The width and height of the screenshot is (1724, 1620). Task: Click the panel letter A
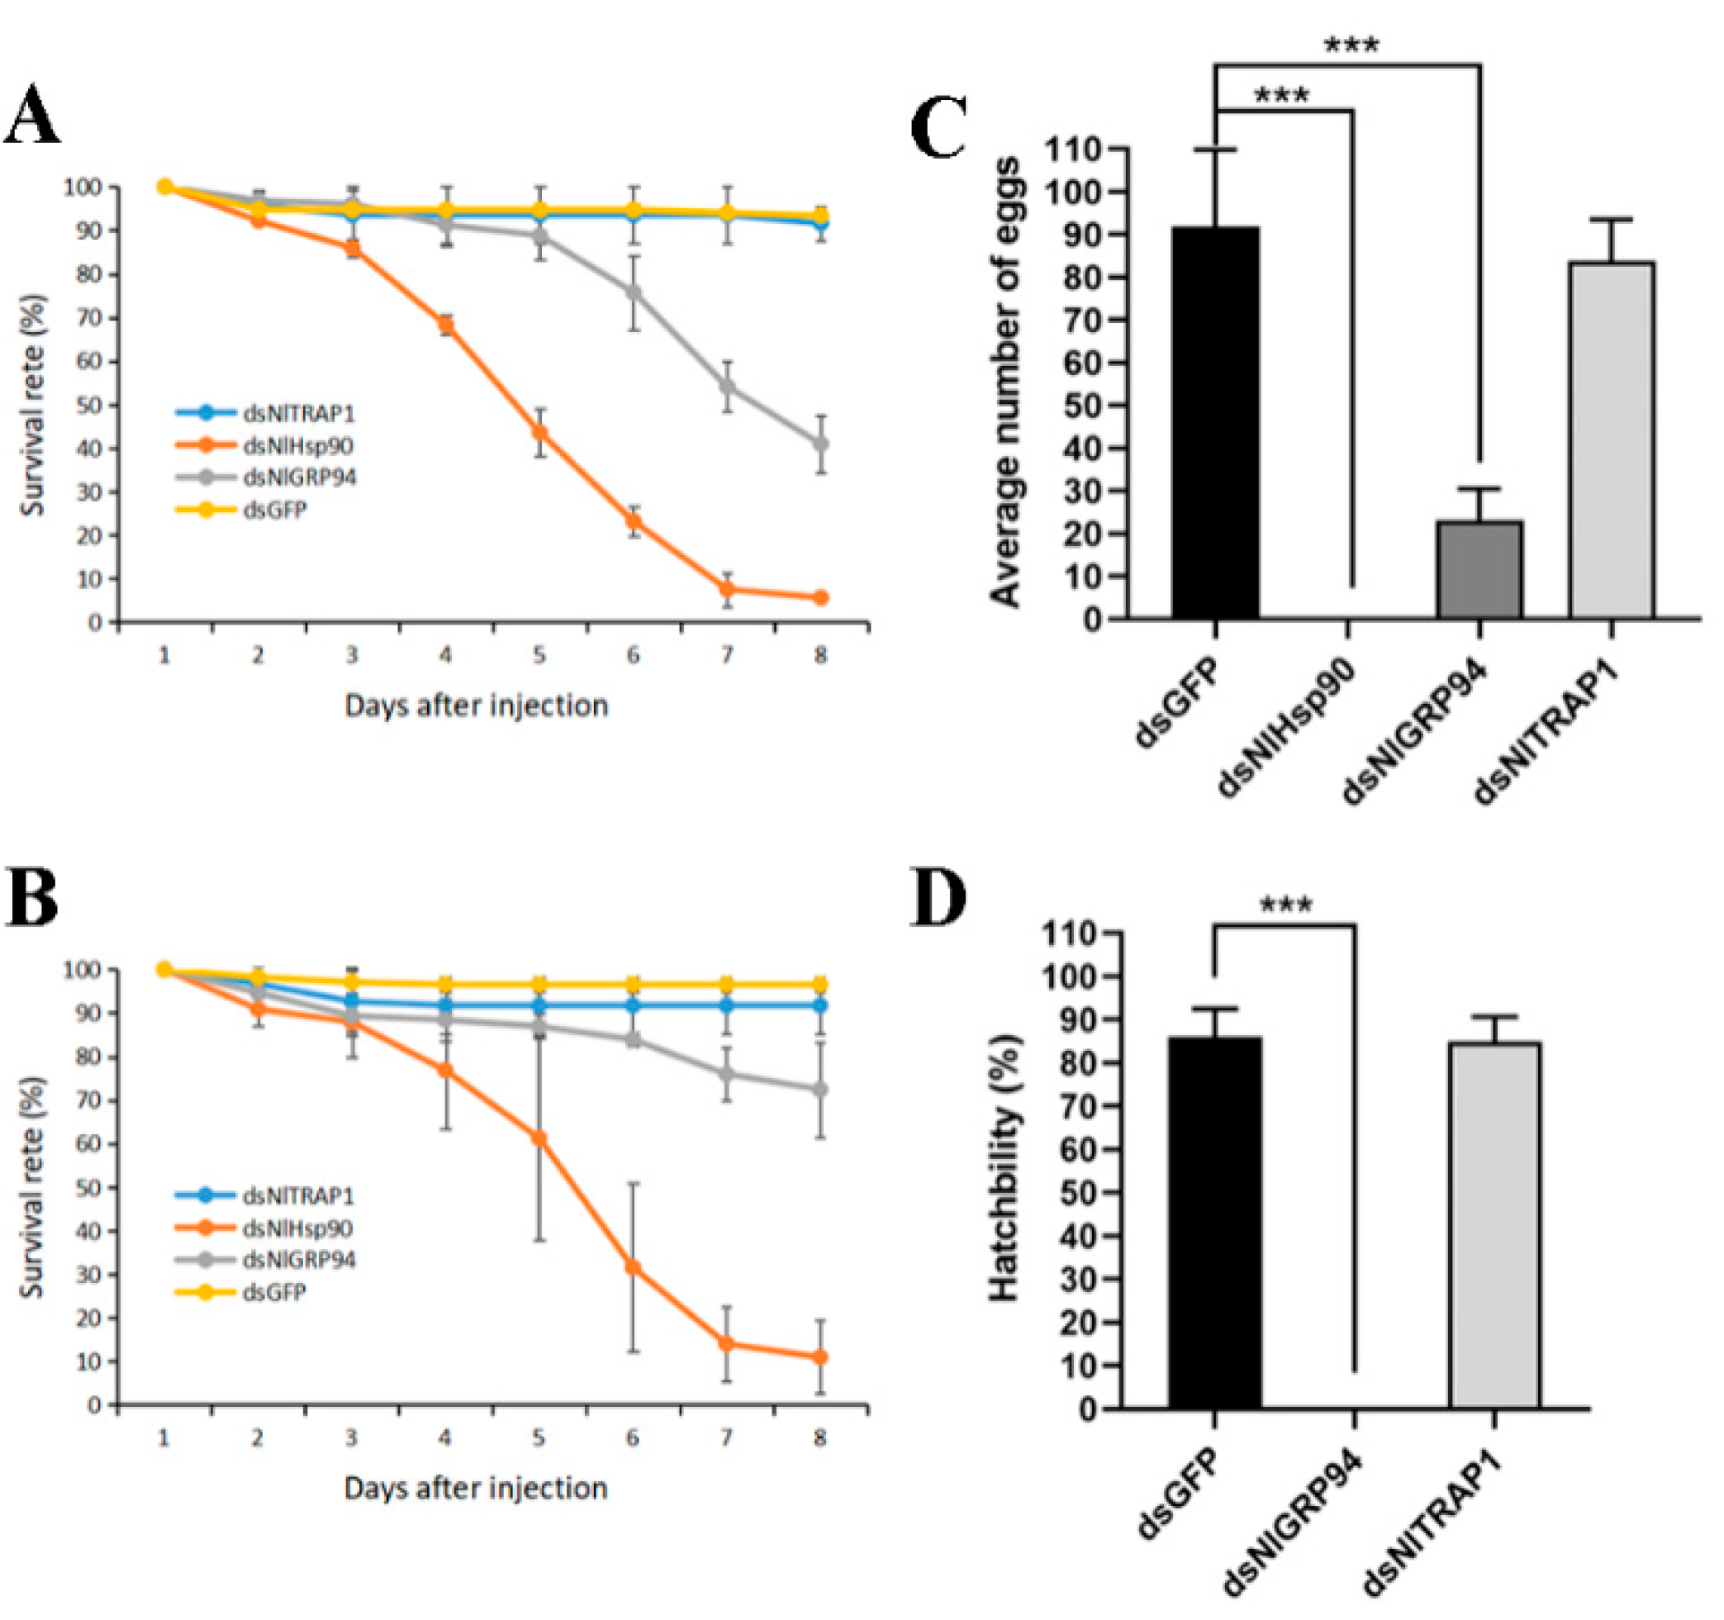pyautogui.click(x=32, y=116)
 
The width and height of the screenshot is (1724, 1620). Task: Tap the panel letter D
pyautogui.click(x=938, y=899)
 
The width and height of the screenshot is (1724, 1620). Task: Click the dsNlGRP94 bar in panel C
pyautogui.click(x=1479, y=570)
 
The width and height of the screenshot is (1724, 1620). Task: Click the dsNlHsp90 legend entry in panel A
pyautogui.click(x=297, y=446)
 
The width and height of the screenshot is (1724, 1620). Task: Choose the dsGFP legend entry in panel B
pyautogui.click(x=274, y=1292)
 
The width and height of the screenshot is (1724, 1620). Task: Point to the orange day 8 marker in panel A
pyautogui.click(x=820, y=597)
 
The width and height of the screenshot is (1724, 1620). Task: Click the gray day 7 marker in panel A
pyautogui.click(x=727, y=386)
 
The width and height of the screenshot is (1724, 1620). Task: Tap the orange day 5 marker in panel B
pyautogui.click(x=539, y=1138)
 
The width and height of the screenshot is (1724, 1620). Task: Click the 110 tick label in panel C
pyautogui.click(x=1075, y=150)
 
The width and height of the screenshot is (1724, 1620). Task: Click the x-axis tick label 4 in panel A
pyautogui.click(x=445, y=656)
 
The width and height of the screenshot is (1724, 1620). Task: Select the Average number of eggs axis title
pyautogui.click(x=1006, y=382)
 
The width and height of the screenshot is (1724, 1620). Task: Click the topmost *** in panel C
pyautogui.click(x=1351, y=45)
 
